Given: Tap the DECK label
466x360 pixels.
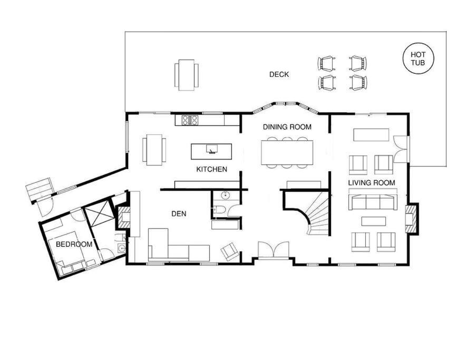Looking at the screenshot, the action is (x=279, y=74).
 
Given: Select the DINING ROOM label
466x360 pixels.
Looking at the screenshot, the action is (x=287, y=127).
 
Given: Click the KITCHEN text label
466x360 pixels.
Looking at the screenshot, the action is (x=211, y=169).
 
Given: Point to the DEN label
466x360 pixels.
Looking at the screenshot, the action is (x=179, y=214).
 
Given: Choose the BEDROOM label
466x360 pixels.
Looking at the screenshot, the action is (x=74, y=245).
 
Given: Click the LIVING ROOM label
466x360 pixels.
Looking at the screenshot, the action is (x=372, y=182).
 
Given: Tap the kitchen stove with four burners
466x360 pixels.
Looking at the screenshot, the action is (x=190, y=120).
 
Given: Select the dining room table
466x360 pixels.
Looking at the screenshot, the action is (x=287, y=152).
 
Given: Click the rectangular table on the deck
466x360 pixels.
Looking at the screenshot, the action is (x=186, y=75).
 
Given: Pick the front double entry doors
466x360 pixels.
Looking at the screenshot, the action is (x=274, y=250).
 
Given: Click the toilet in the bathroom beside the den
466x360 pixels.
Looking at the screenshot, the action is (x=219, y=210).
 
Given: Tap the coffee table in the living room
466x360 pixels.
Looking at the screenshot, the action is (x=374, y=221).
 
